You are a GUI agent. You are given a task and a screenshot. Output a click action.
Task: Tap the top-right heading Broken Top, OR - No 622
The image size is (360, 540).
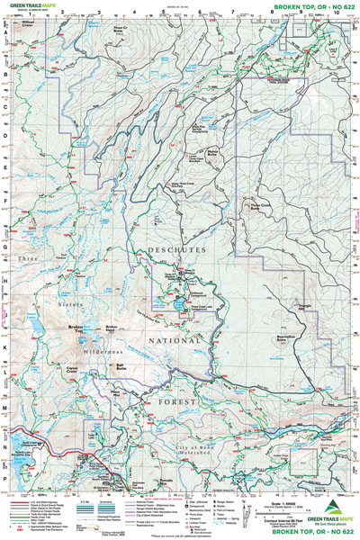pos(306,6)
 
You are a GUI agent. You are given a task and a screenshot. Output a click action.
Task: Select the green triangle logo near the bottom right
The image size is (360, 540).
pos(333,509)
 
